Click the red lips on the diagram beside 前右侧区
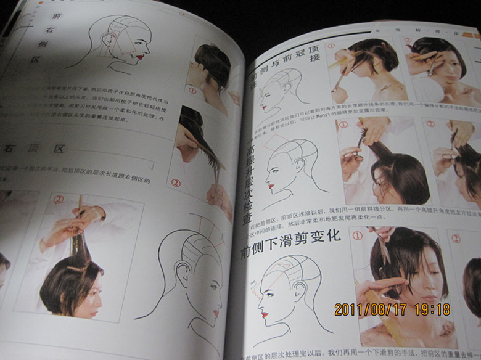141,57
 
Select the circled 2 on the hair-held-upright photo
59,200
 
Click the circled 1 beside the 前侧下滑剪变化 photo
357,235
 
